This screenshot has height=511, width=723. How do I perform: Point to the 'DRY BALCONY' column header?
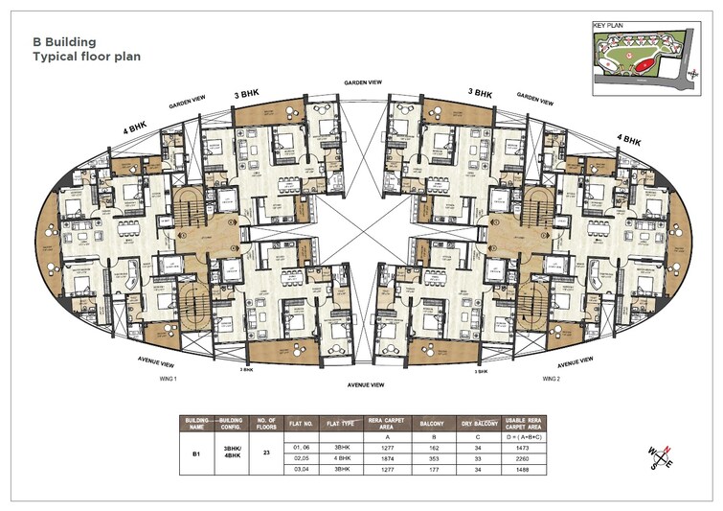click(483, 421)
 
